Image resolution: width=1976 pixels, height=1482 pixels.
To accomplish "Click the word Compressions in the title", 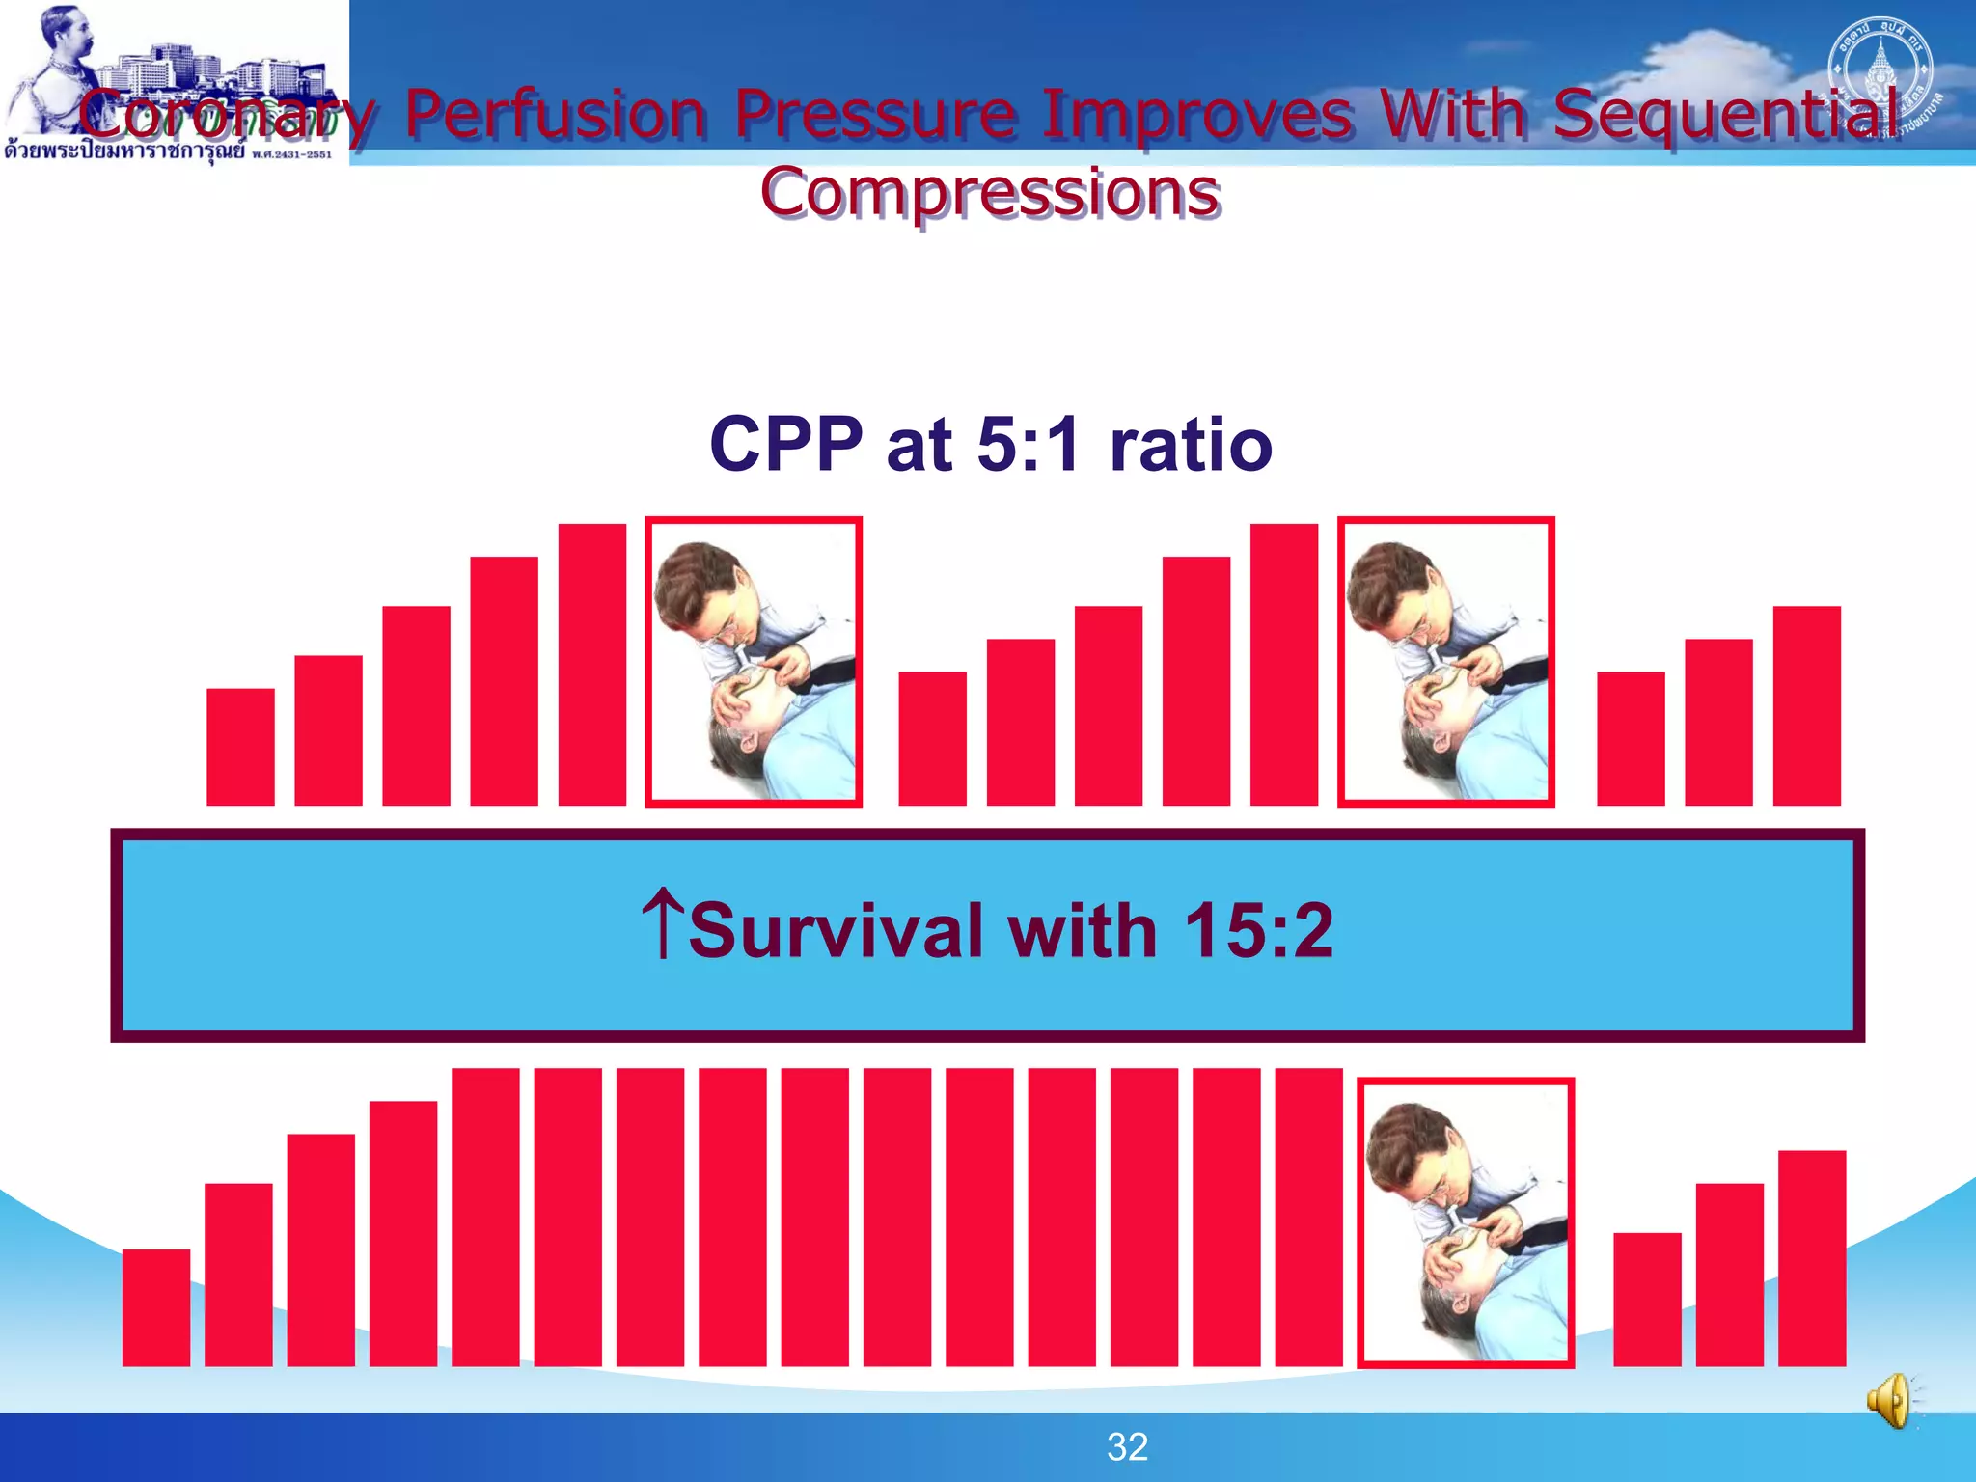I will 990,193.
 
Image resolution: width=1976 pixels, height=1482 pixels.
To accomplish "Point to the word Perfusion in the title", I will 556,114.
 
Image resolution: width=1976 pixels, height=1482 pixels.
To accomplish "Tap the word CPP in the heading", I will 785,445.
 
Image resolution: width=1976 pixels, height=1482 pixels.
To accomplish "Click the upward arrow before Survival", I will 663,924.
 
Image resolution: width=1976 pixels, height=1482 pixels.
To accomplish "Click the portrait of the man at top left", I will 58,68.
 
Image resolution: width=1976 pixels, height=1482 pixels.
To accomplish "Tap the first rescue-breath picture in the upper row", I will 754,662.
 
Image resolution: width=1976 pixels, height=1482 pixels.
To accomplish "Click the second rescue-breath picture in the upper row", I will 1445,662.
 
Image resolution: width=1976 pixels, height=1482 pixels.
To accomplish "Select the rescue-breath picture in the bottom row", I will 1466,1222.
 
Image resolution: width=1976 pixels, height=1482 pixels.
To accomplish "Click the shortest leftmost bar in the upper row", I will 240,747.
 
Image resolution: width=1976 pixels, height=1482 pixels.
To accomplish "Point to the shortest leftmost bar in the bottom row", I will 155,1307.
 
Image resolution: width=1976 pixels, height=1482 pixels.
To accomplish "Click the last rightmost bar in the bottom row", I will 1811,1258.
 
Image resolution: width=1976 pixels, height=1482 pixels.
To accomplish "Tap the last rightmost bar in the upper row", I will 1806,705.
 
